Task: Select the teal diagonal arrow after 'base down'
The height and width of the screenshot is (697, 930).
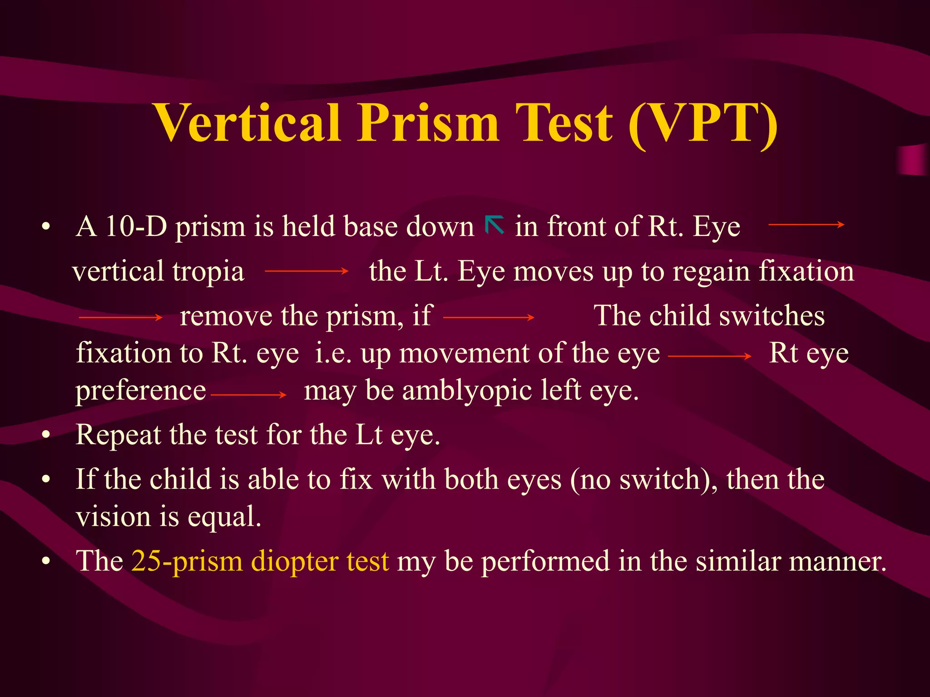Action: point(495,225)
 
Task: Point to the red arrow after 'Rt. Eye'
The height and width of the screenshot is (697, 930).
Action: point(806,224)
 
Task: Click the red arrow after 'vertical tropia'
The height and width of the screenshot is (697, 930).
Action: point(307,271)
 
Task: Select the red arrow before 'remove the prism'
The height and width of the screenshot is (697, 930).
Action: point(121,318)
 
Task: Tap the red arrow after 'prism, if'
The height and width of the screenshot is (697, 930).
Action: point(489,318)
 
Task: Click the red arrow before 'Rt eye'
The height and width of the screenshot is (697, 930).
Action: point(710,357)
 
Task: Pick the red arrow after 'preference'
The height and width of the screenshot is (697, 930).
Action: point(249,395)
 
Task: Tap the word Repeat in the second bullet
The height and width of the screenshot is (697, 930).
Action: point(119,435)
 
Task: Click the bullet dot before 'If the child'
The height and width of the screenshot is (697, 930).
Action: point(45,480)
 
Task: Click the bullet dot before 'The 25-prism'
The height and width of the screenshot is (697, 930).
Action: point(45,562)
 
